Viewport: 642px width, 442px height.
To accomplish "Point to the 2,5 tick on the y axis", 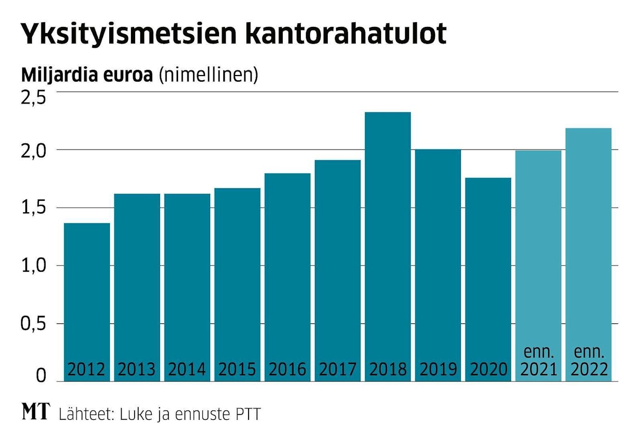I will [x=33, y=98].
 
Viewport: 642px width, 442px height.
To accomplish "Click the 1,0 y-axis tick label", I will [x=33, y=266].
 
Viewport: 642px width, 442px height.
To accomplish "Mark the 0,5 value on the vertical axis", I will [x=33, y=324].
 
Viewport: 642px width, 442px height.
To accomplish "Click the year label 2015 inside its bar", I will [x=237, y=370].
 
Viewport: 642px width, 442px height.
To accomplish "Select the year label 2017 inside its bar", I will [x=338, y=370].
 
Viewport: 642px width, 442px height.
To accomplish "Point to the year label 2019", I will [x=438, y=370].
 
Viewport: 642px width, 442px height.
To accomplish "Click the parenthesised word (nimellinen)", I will [x=208, y=76].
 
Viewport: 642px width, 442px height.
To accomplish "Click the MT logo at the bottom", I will [x=36, y=412].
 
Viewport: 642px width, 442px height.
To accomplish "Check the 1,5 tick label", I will [x=33, y=208].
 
